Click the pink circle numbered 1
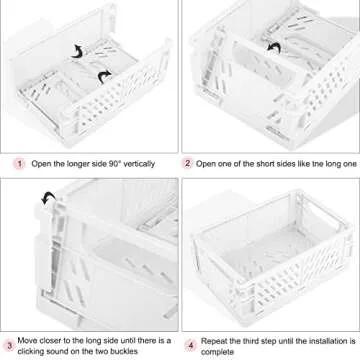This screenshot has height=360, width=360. (18, 163)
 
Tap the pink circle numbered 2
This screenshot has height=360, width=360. (187, 163)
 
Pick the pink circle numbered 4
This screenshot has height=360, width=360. (187, 345)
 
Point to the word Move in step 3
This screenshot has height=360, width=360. (27, 341)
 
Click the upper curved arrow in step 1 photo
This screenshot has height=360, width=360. (76, 48)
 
